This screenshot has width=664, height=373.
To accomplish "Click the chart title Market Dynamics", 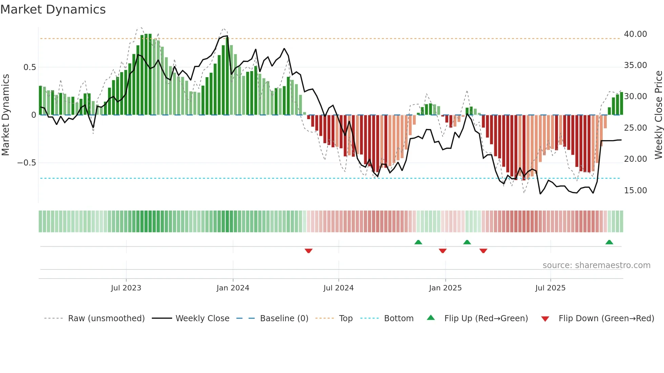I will click(x=53, y=9).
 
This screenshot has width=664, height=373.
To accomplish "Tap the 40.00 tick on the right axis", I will click(x=635, y=34).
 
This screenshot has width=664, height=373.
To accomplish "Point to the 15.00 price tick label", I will click(x=635, y=191).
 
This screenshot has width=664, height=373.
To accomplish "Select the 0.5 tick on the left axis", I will click(x=30, y=67).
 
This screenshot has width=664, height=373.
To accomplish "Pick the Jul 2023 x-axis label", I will click(x=126, y=288).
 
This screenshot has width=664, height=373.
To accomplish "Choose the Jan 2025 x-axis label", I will click(x=445, y=288).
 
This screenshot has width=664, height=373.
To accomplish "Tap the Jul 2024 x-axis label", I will click(x=338, y=288).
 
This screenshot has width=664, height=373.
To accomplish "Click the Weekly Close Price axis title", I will click(x=658, y=115).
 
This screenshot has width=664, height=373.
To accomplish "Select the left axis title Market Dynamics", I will click(x=5, y=115).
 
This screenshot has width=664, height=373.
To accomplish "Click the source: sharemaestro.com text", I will click(x=596, y=265).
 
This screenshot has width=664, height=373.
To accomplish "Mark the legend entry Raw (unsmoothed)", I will click(x=106, y=319).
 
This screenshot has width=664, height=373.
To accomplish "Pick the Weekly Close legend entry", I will click(x=202, y=319).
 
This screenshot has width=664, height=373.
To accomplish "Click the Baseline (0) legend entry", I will click(x=284, y=319).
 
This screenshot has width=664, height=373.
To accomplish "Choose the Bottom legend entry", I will click(x=398, y=319).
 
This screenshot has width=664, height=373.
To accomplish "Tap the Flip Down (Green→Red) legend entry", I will click(x=606, y=319).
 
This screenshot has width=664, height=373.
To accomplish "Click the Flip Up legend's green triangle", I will click(x=431, y=317).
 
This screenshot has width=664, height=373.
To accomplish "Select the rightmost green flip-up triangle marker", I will click(x=609, y=242).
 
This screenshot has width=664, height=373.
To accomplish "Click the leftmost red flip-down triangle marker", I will click(x=308, y=251).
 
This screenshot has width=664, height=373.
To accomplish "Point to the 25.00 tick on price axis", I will click(x=635, y=128).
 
